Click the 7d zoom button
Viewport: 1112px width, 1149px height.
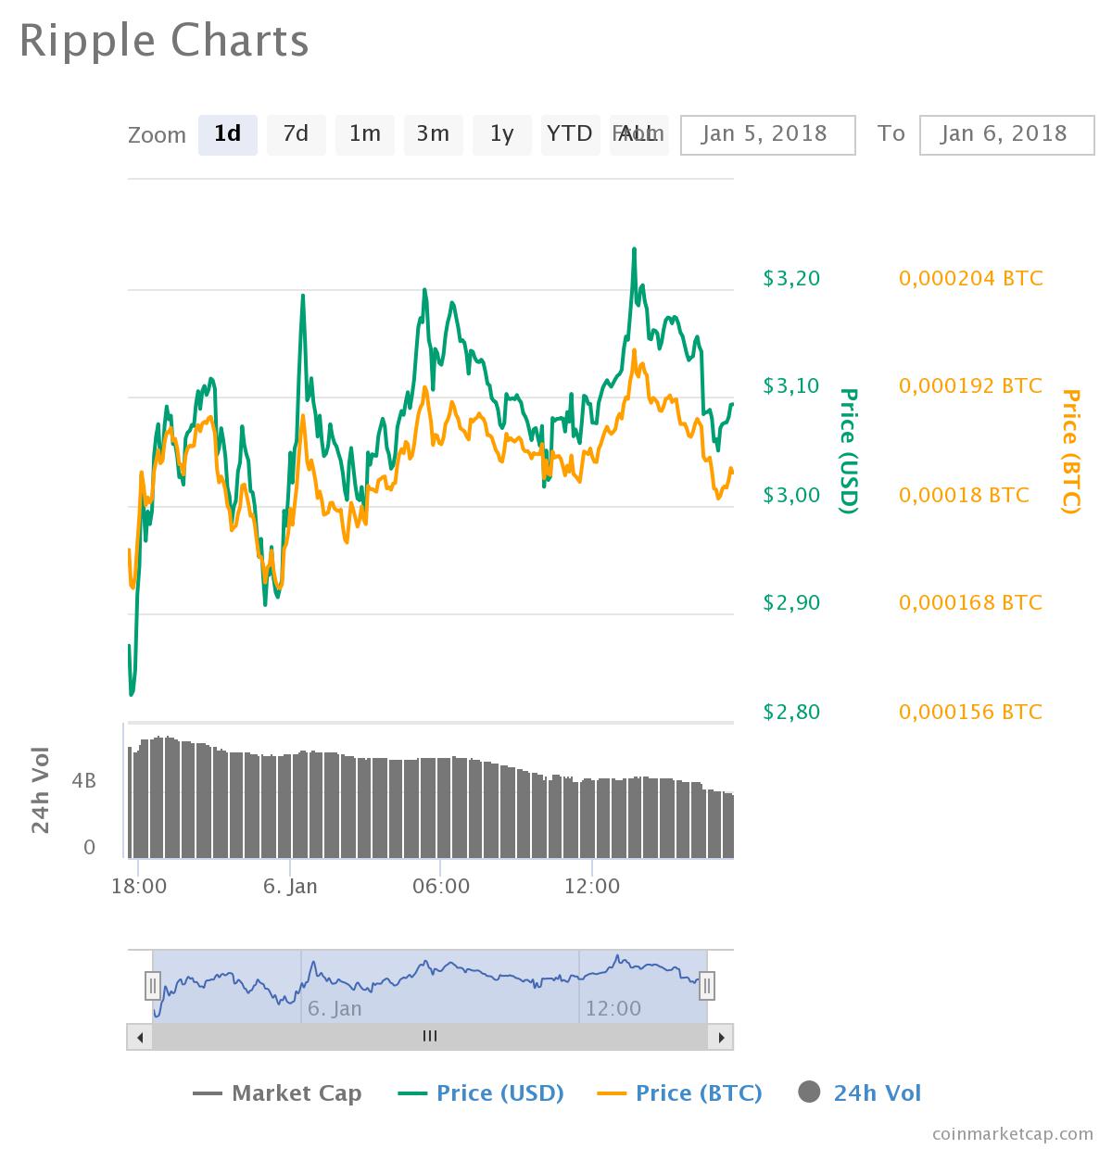(296, 134)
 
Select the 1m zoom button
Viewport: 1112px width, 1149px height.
(364, 134)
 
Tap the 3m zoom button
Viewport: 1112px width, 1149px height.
(433, 134)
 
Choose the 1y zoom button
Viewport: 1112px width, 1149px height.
(501, 134)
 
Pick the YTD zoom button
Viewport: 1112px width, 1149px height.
(569, 134)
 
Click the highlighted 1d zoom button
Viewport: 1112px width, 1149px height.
(227, 134)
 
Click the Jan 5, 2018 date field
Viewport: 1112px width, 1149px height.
(767, 134)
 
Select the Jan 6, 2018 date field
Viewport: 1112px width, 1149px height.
(1006, 134)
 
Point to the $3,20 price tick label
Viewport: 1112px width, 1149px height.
(791, 278)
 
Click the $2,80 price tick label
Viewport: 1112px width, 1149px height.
(791, 712)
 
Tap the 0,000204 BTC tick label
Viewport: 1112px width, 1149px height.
(970, 278)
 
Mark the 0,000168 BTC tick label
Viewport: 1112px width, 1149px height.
(970, 602)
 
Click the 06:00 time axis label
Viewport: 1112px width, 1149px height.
(441, 886)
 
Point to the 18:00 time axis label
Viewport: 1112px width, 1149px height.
(139, 886)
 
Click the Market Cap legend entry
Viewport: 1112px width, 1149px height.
(277, 1093)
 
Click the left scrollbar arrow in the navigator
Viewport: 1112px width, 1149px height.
(140, 1037)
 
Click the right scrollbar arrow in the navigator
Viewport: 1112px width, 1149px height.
(721, 1037)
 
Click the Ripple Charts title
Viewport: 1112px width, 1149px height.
(164, 42)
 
